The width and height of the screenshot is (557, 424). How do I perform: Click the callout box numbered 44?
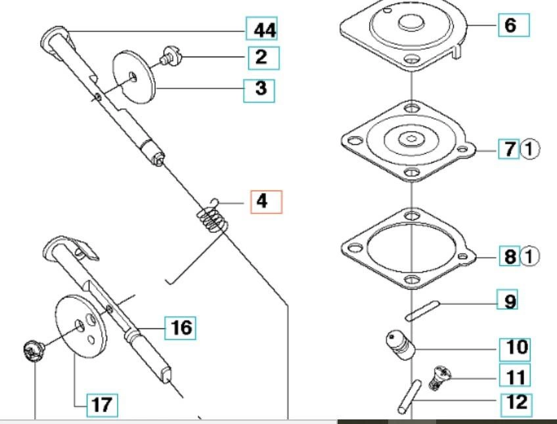point(261,30)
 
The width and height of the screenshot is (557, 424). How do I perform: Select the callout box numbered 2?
point(261,57)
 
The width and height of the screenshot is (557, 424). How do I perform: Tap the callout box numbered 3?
point(259,89)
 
